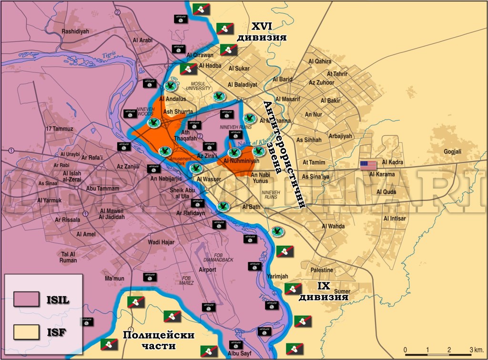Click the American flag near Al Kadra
pyautogui.click(x=368, y=165)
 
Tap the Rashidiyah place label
pyautogui.click(x=75, y=32)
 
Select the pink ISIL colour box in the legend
pyautogui.click(x=26, y=300)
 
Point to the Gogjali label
pyautogui.click(x=440, y=151)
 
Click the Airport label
pyautogui.click(x=207, y=270)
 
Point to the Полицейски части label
pyautogui.click(x=159, y=339)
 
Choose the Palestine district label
pyautogui.click(x=322, y=270)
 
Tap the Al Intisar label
pyautogui.click(x=395, y=218)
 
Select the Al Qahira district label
pyautogui.click(x=319, y=61)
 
